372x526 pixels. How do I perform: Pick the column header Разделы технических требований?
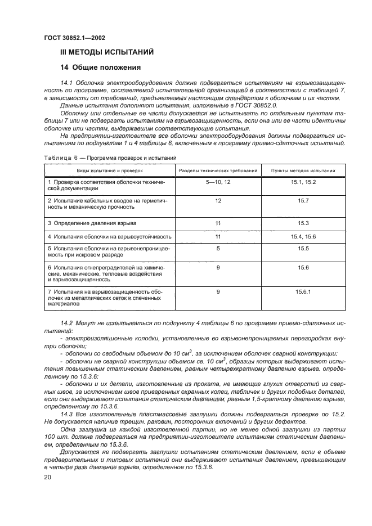218,169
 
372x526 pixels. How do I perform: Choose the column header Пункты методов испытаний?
303,169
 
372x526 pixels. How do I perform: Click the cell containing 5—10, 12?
218,183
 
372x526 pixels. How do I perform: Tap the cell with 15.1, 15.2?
303,183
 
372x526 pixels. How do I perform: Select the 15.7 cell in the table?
303,200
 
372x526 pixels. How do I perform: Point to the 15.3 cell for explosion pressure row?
303,223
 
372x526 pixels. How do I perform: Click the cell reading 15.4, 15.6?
303,236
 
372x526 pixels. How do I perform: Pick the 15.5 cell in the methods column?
303,248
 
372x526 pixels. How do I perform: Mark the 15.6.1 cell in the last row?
303,291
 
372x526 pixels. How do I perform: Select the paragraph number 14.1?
66,83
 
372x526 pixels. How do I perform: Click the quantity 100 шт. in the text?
54,436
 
